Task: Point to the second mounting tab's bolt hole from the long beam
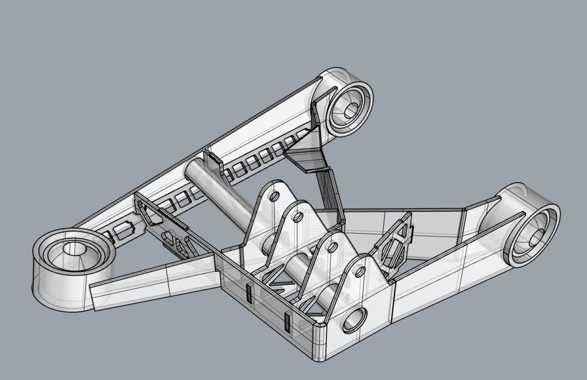298,217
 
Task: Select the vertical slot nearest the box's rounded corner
287,322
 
